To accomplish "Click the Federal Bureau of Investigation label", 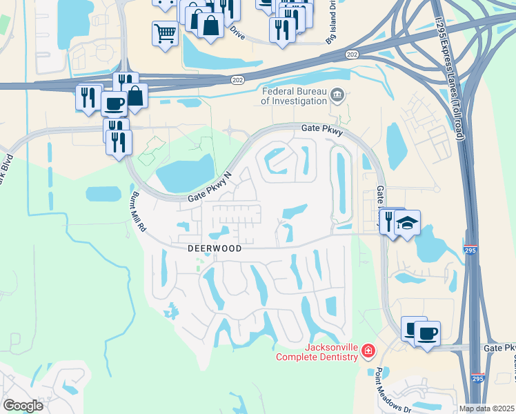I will click(294, 96).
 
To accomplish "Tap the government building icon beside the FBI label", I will click(337, 95).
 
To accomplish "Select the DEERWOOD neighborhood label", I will click(215, 248).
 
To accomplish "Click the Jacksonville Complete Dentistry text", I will click(317, 352).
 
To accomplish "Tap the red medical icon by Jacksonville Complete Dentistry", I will click(368, 352).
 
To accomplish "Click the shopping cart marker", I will click(165, 32).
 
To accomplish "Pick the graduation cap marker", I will click(407, 223).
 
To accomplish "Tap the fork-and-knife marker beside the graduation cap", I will click(389, 221).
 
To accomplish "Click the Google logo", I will click(23, 406).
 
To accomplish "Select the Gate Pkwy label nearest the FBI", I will click(322, 129).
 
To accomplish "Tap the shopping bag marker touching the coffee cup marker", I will click(136, 96).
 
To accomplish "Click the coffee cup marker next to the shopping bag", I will click(115, 104).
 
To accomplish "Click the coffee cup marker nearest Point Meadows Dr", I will click(427, 334).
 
